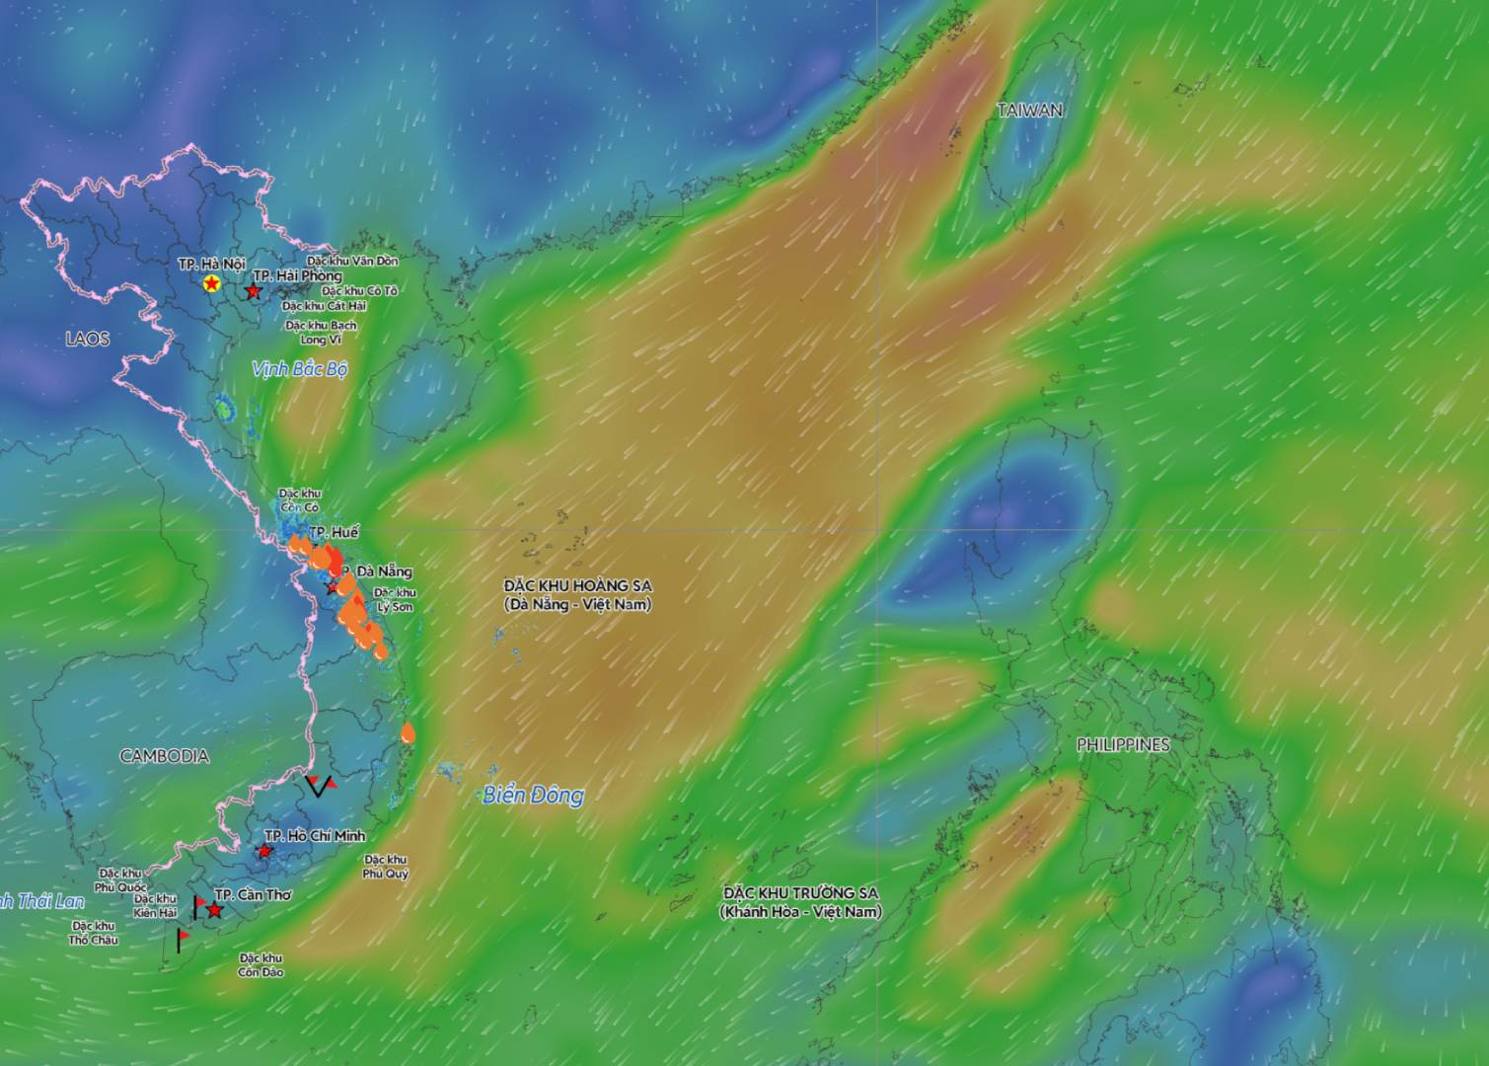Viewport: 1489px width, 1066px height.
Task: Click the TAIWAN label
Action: point(1029,111)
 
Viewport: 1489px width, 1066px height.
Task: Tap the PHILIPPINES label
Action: point(1123,745)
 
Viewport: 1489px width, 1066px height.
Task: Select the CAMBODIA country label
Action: point(164,756)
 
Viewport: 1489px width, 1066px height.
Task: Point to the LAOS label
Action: point(87,339)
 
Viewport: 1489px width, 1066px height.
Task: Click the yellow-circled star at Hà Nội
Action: point(211,284)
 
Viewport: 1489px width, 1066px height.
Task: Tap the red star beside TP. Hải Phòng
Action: point(253,292)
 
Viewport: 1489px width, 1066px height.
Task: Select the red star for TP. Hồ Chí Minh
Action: point(264,851)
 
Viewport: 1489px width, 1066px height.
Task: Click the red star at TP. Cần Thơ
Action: point(214,910)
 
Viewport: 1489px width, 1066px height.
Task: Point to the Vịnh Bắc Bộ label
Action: point(300,369)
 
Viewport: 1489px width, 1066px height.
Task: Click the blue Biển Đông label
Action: point(533,795)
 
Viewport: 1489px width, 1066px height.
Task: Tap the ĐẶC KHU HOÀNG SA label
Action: point(577,595)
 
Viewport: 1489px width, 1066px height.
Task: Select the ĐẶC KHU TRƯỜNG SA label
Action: point(800,902)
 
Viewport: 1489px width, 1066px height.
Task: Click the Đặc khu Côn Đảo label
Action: point(261,964)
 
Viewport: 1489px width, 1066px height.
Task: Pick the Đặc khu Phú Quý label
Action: point(385,867)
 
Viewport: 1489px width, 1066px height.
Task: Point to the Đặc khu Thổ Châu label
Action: point(94,933)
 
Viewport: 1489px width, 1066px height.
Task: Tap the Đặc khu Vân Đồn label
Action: point(352,262)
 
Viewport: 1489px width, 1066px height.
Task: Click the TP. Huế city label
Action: point(335,533)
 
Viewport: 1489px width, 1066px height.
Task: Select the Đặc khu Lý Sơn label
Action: point(395,599)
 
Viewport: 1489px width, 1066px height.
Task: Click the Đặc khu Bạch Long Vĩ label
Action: point(321,332)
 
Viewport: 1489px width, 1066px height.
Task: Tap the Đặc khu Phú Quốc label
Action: point(120,880)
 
